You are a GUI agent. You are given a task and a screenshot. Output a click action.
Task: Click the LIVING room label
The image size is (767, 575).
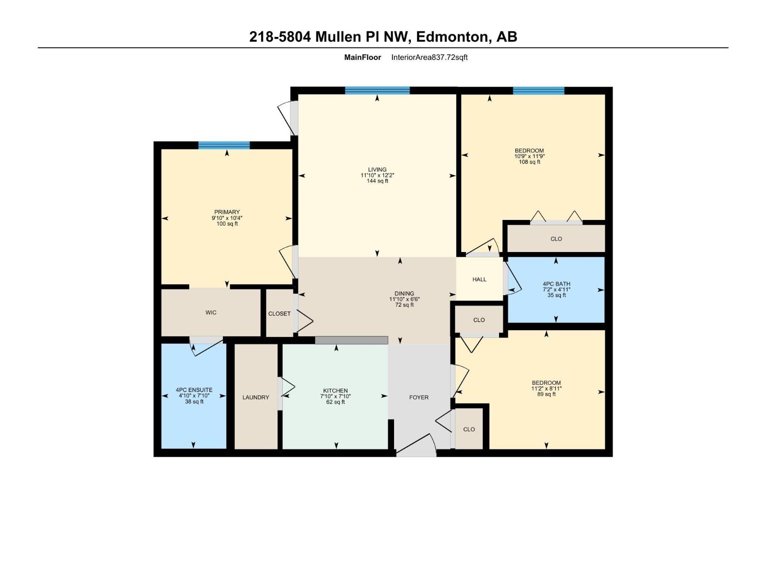coord(377,170)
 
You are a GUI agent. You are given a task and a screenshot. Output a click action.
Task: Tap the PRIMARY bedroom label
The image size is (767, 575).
coord(227,212)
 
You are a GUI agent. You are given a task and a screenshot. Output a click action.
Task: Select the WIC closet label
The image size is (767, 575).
coord(211,312)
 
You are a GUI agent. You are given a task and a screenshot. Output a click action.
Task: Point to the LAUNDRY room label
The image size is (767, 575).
coord(256,397)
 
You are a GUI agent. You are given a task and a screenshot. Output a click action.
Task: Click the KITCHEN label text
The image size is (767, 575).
coord(336,391)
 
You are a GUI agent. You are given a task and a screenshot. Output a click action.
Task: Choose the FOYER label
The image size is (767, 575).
coord(418,397)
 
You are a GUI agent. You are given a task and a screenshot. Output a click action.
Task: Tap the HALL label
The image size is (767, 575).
coord(479,279)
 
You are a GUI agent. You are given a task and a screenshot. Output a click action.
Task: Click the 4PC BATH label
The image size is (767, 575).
coord(556,284)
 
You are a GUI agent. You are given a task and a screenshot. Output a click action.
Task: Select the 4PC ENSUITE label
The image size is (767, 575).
coord(194,390)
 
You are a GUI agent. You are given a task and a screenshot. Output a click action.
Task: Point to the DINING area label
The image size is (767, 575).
coord(404,294)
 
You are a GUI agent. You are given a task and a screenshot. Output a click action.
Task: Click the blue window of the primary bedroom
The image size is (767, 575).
coord(224,145)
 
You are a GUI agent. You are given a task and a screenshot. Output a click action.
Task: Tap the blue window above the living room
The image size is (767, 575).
coord(377,90)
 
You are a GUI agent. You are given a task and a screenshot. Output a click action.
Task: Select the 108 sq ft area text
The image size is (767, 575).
coord(530,162)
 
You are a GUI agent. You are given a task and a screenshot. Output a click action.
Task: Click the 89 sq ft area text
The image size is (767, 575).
coord(546,394)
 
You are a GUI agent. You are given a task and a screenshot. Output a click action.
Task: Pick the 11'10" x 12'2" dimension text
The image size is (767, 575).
coord(377,175)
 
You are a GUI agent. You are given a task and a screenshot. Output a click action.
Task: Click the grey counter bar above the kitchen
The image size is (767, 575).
coord(351,340)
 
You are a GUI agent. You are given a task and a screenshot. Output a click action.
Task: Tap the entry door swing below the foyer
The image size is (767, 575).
coord(416,446)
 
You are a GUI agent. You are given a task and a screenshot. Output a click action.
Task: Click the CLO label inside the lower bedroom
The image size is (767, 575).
coord(469,429)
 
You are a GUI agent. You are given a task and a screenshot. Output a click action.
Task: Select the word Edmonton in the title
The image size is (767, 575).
coord(453,37)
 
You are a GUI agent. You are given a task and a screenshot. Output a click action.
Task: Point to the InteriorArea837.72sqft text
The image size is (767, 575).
coord(429,57)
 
